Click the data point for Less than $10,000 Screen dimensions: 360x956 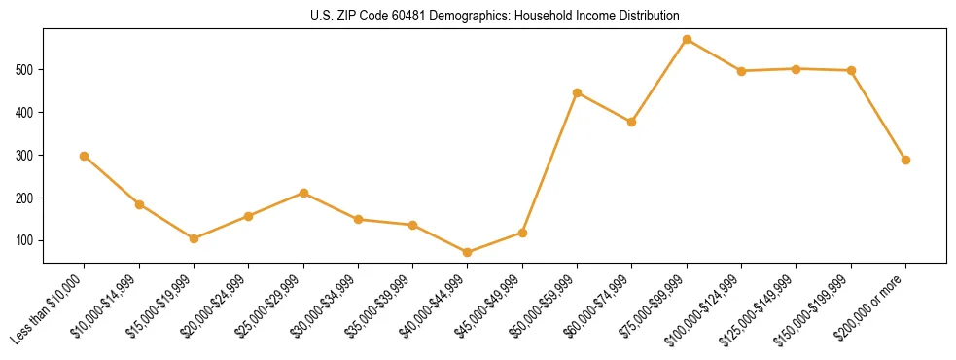pos(85,156)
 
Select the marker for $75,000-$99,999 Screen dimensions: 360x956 pos(687,40)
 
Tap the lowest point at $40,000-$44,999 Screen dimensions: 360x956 pos(468,252)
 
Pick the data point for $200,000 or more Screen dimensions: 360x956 pos(905,160)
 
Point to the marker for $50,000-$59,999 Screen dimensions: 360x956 pos(578,93)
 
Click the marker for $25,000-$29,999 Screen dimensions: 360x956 pos(303,193)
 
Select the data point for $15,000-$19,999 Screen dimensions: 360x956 pos(195,238)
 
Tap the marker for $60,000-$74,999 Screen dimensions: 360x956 pos(632,122)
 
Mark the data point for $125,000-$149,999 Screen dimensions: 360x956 pos(797,69)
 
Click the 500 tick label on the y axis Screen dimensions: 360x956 pos(27,70)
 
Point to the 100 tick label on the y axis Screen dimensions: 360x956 pos(27,240)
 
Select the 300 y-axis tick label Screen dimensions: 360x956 pos(27,156)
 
